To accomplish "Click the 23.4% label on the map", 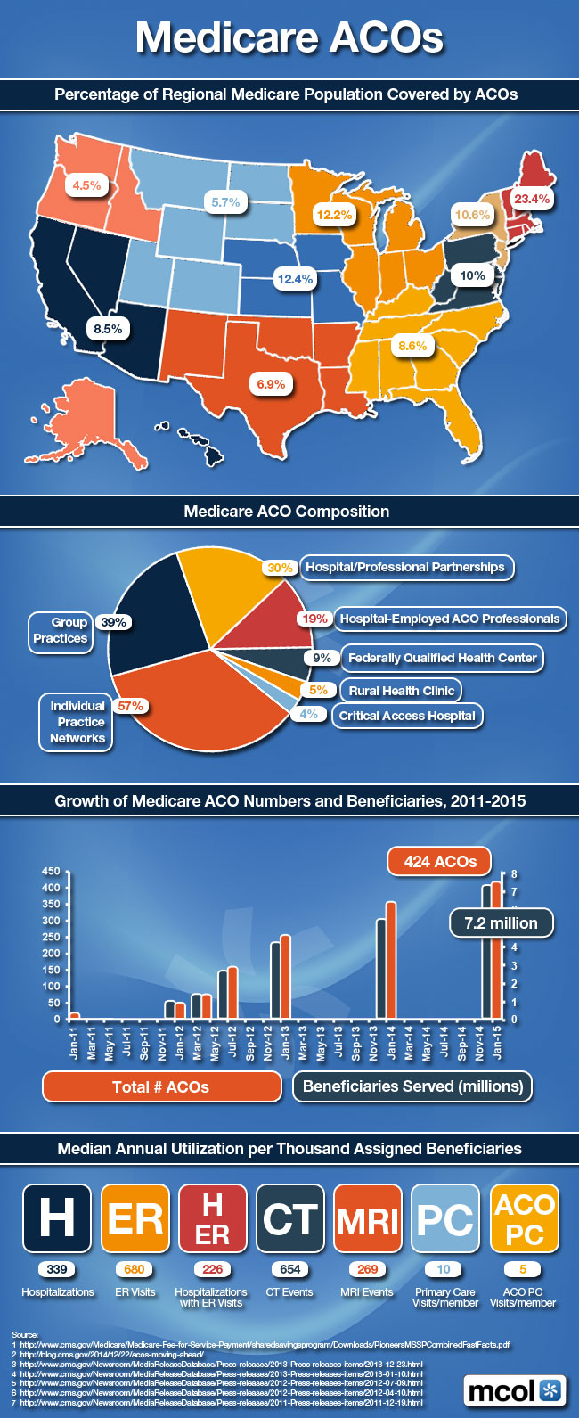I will (x=532, y=199).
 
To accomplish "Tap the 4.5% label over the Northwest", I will (x=86, y=185).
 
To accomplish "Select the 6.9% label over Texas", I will (x=271, y=384).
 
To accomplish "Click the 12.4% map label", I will (x=295, y=279).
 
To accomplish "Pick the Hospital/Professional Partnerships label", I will (x=405, y=567).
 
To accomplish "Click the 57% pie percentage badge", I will (x=130, y=706).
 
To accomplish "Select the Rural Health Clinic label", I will (x=402, y=690).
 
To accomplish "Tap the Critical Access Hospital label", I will (x=407, y=716).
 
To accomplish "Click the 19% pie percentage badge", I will (x=314, y=619).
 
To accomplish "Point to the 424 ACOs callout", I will (x=440, y=861).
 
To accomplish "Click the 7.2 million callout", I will (x=501, y=923).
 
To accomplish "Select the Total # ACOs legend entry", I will (x=161, y=1086).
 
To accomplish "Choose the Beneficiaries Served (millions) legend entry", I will (x=412, y=1086).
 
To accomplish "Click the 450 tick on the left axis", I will (x=51, y=871).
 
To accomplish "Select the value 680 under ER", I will (x=135, y=1269).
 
